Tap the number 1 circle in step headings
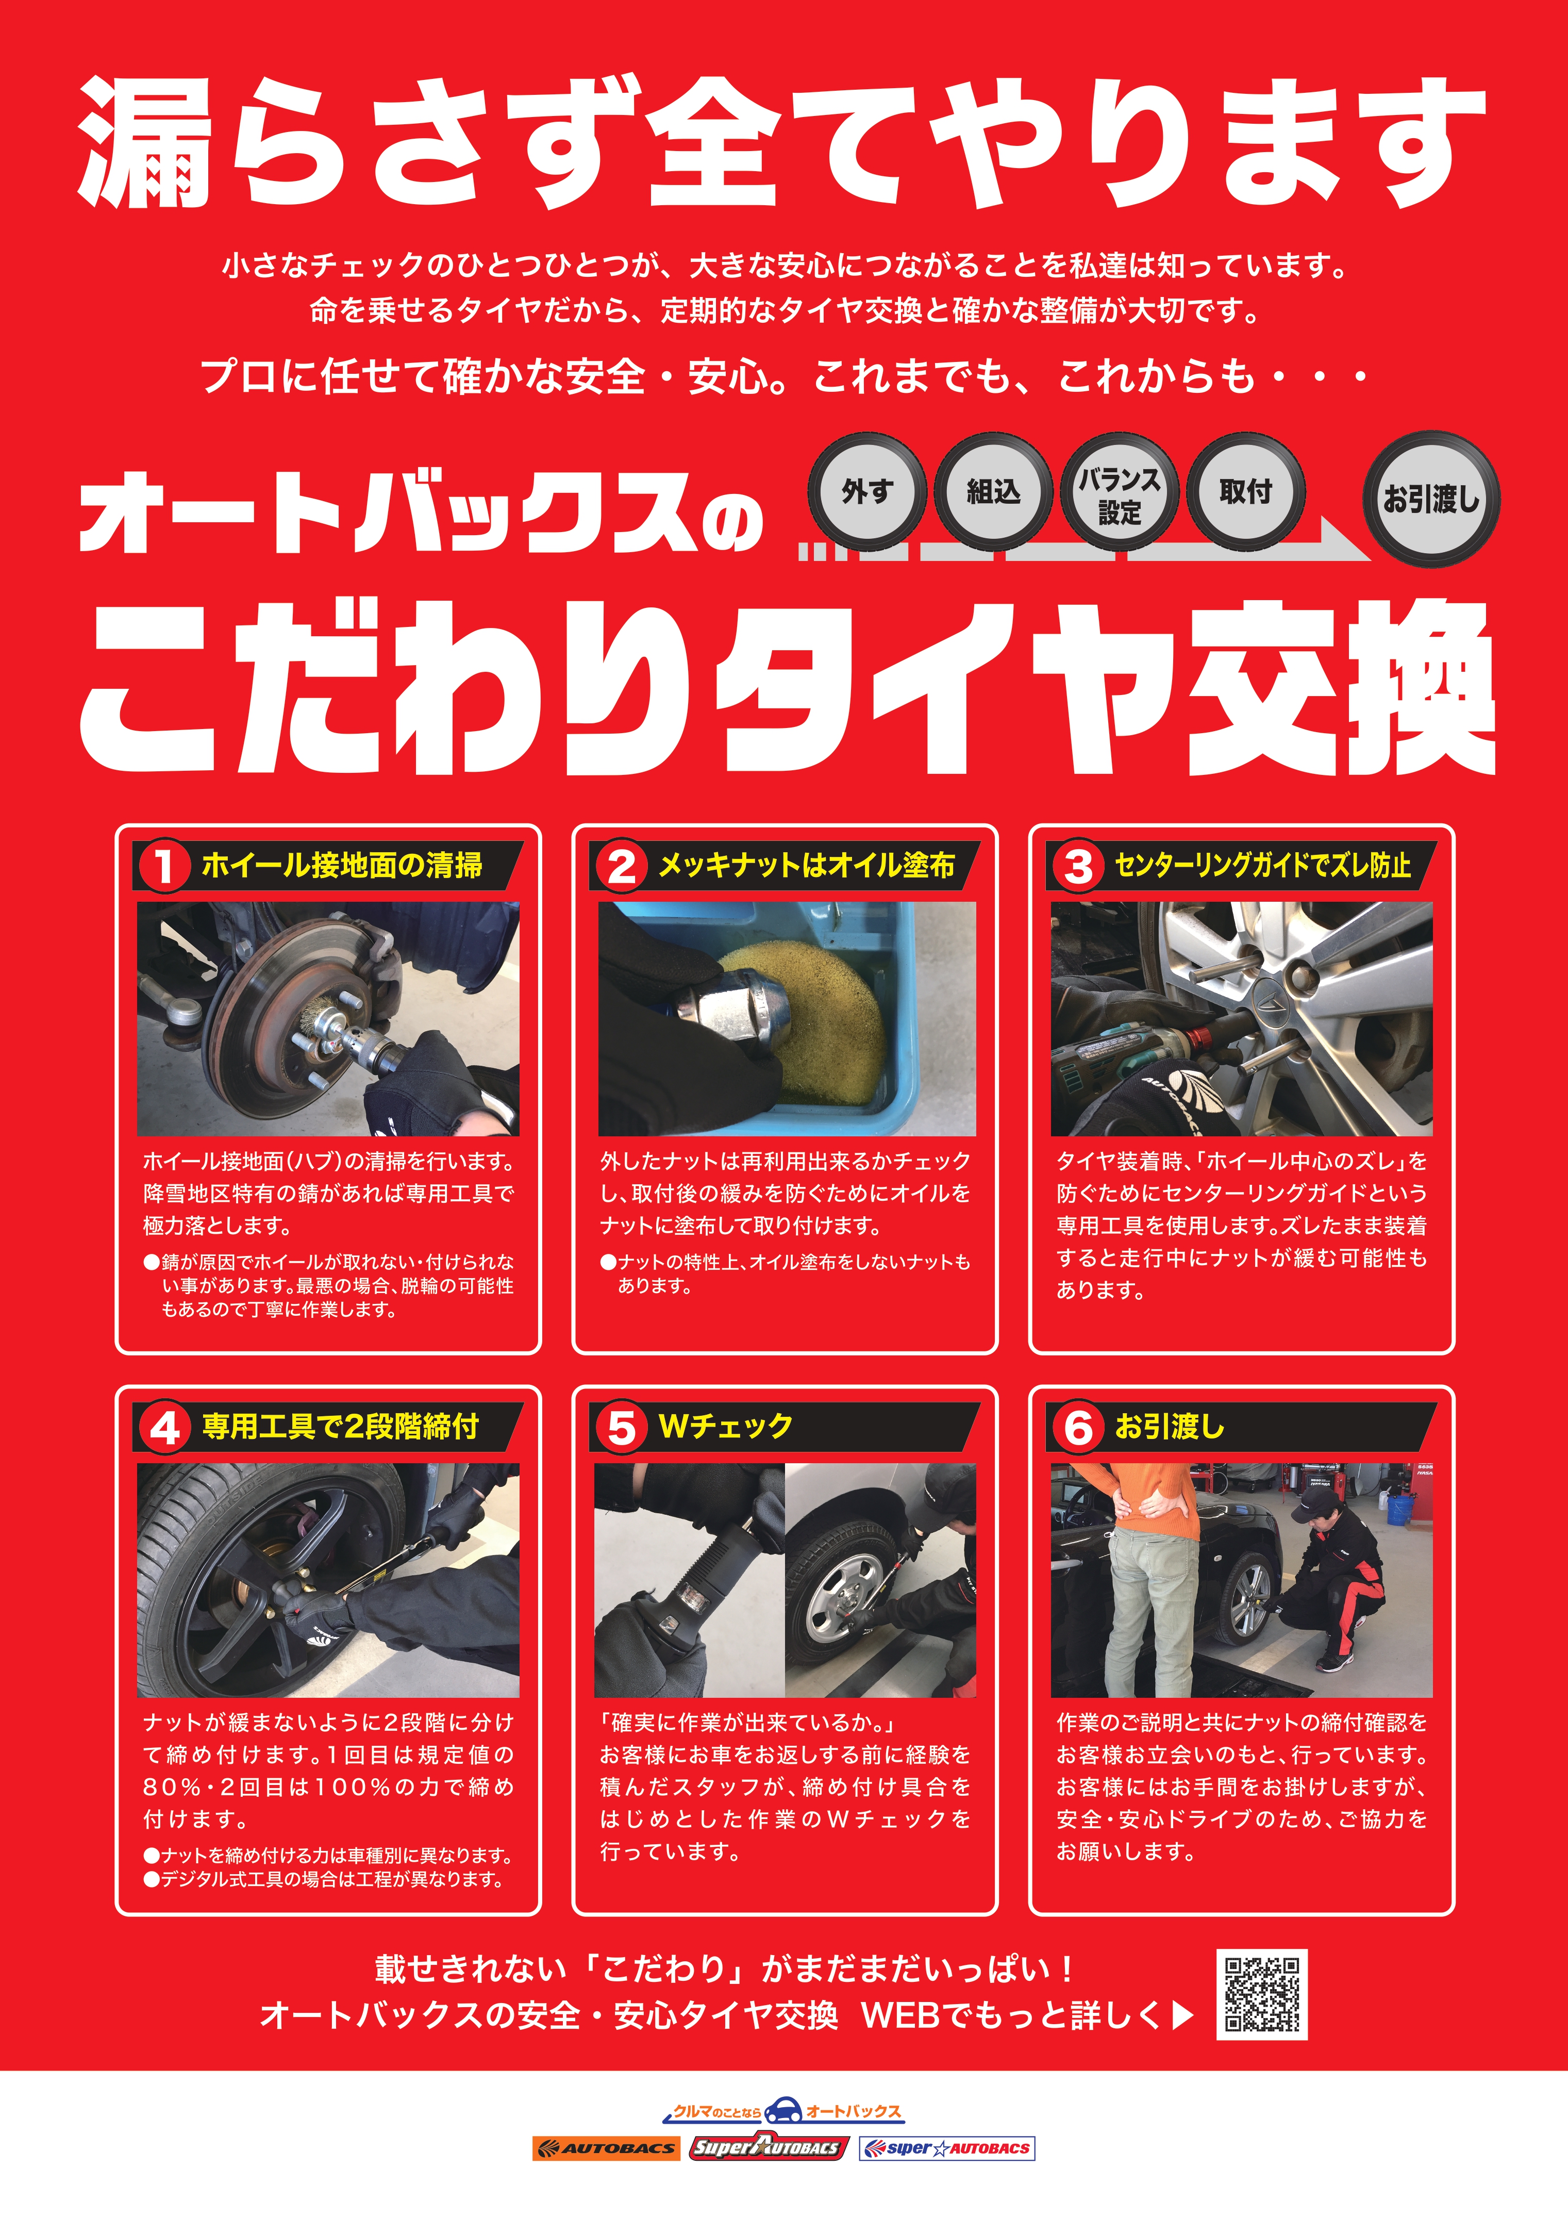click(164, 865)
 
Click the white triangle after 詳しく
click(1183, 2015)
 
